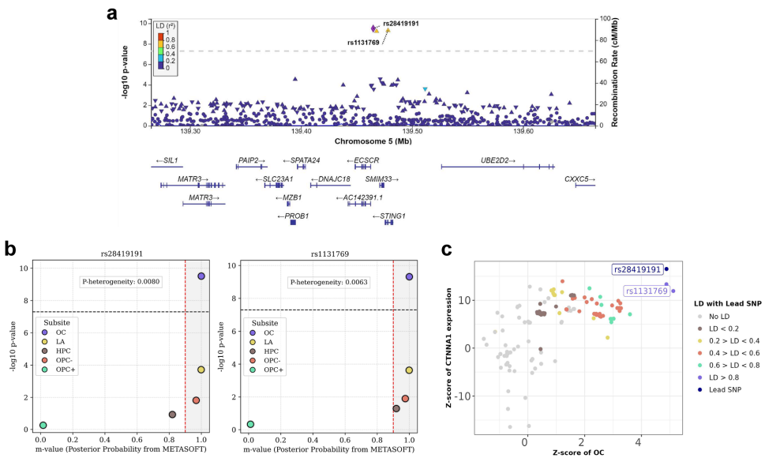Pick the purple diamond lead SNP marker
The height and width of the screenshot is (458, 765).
coord(374,28)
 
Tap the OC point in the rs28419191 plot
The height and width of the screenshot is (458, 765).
coord(201,276)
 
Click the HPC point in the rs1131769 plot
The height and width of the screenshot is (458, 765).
coord(396,408)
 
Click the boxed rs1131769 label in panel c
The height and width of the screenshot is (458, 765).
coord(647,291)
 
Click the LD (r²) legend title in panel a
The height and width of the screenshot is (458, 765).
coord(164,26)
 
